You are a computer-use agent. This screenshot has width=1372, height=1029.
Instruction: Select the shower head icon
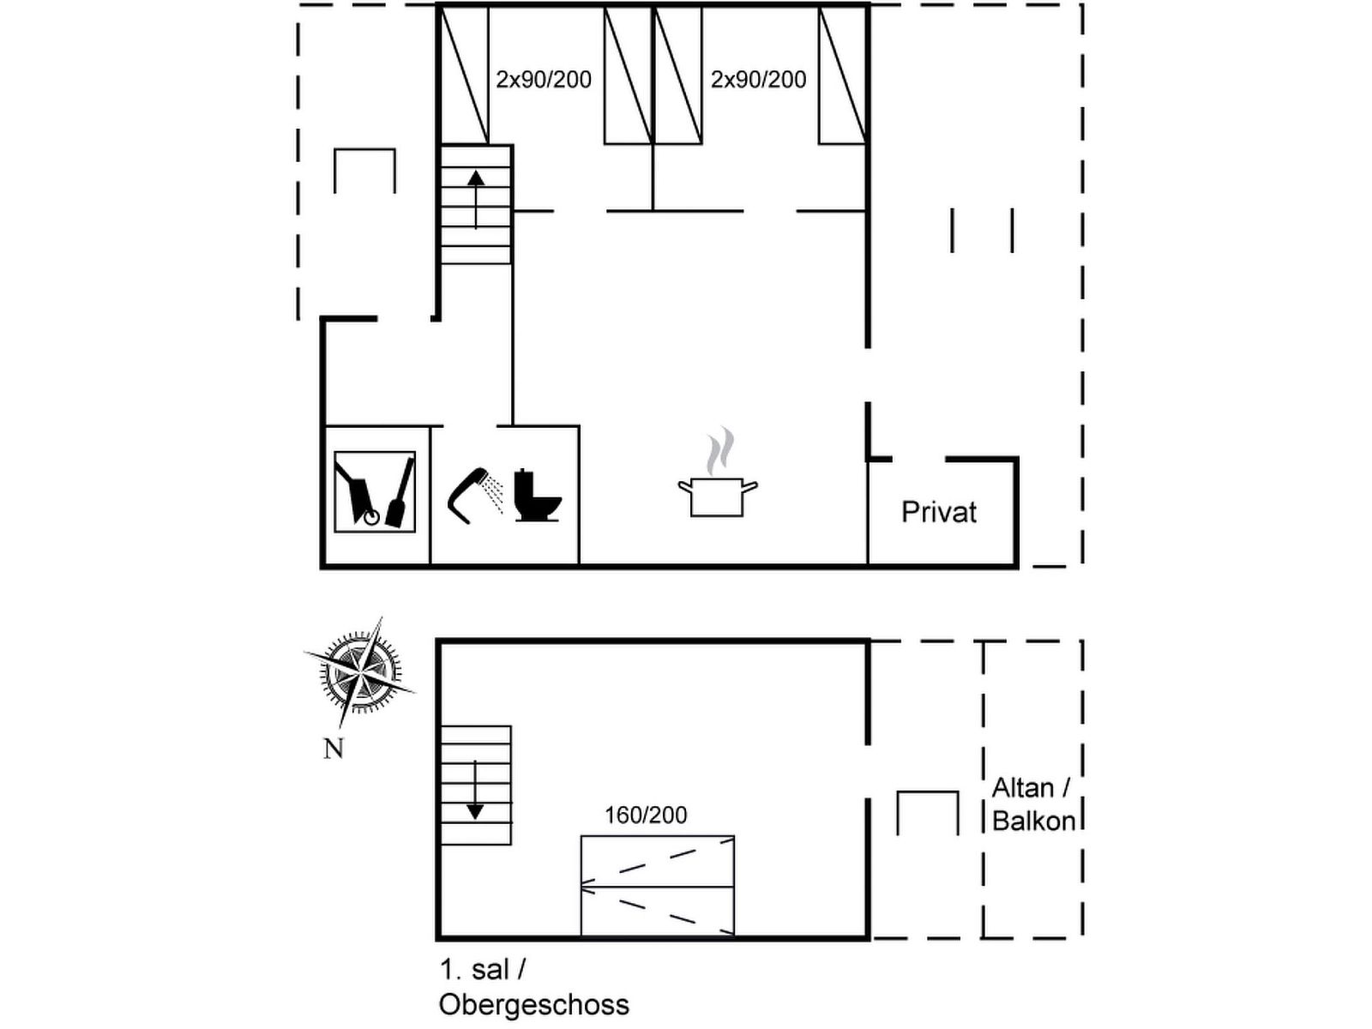pos(476,495)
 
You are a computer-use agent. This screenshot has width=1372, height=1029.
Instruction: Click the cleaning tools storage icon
pos(375,491)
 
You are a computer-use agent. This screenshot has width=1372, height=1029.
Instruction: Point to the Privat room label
pos(939,512)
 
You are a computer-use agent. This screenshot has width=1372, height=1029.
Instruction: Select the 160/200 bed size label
pos(646,815)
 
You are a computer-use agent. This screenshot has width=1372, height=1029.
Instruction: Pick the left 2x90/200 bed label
pos(543,80)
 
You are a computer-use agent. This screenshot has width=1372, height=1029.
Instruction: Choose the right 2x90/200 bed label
pos(758,80)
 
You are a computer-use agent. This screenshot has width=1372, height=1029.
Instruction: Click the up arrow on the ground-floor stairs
pos(476,200)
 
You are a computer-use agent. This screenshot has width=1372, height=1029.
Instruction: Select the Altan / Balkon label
pos(1034,804)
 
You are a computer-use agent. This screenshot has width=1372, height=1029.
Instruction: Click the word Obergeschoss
pos(534,1005)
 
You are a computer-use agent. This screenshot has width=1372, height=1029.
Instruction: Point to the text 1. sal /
pos(483,970)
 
